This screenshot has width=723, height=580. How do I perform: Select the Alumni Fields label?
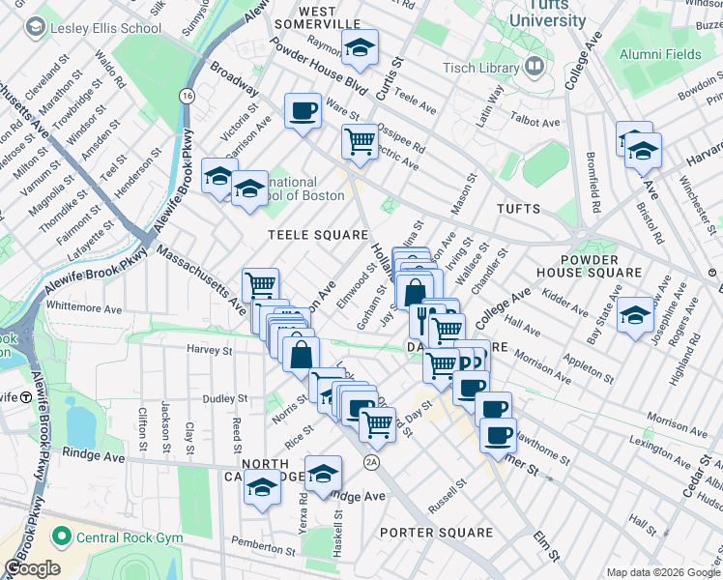pyautogui.click(x=660, y=54)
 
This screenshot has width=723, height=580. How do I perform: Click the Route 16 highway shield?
pyautogui.click(x=186, y=96)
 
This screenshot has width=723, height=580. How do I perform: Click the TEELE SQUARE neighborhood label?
pyautogui.click(x=318, y=235)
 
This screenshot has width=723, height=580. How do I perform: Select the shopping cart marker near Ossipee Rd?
pyautogui.click(x=360, y=141)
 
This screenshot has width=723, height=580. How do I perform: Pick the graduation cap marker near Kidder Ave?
pyautogui.click(x=635, y=315)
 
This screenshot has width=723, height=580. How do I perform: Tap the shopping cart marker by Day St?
pyautogui.click(x=377, y=422)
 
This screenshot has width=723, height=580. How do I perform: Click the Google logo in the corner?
pyautogui.click(x=32, y=568)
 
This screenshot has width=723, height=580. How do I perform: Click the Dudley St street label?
pyautogui.click(x=224, y=398)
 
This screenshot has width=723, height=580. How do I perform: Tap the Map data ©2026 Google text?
pyautogui.click(x=662, y=572)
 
